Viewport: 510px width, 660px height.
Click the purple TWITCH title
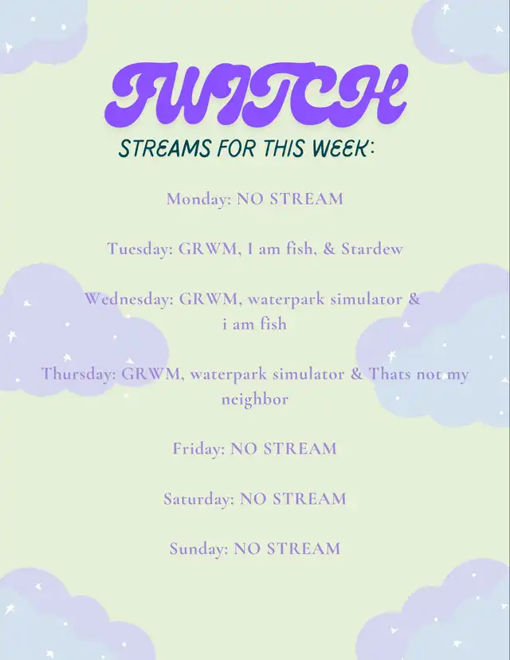click(x=256, y=94)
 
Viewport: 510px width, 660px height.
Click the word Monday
click(x=198, y=198)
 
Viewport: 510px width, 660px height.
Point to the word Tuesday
click(x=139, y=249)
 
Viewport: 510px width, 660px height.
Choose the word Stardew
click(x=372, y=249)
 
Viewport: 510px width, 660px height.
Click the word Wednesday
click(x=128, y=299)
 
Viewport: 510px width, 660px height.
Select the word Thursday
click(x=78, y=373)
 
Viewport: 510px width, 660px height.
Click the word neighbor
click(x=255, y=399)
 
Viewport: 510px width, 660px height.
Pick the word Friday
click(x=198, y=449)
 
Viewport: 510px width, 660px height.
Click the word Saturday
click(x=198, y=499)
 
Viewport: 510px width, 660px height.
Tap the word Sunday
click(x=198, y=548)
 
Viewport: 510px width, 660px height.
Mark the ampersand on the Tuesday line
click(x=328, y=249)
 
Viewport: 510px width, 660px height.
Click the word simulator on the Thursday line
click(x=308, y=374)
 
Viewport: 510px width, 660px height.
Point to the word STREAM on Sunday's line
click(x=304, y=549)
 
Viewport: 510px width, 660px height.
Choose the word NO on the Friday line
click(x=244, y=449)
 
